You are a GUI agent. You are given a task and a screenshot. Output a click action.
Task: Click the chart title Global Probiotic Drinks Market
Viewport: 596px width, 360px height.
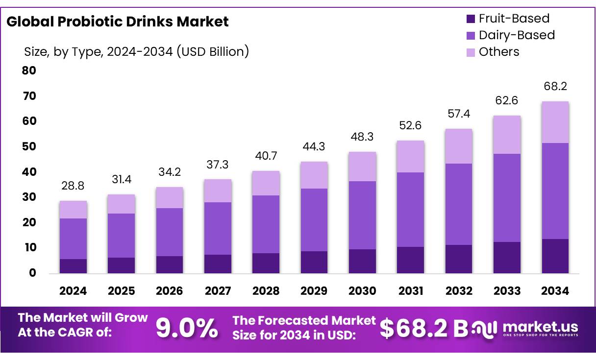click(118, 22)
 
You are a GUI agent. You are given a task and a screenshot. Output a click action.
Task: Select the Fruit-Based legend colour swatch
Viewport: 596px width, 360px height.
click(471, 19)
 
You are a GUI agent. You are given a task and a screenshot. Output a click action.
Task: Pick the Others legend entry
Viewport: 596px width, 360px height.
click(498, 52)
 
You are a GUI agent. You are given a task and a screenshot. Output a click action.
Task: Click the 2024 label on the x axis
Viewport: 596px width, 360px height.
click(73, 291)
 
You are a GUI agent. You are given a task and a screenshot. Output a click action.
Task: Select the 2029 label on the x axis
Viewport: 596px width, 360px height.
click(314, 291)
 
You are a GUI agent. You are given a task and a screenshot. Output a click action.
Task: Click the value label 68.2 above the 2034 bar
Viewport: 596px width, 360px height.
click(555, 87)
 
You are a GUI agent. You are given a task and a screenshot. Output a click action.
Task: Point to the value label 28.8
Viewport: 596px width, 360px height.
click(73, 186)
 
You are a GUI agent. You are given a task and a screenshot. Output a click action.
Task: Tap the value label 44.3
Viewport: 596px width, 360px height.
click(314, 147)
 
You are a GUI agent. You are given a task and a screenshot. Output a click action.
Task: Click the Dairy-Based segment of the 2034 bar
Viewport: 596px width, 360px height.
click(555, 191)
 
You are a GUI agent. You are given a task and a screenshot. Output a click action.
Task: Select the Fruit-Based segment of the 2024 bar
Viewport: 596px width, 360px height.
click(73, 266)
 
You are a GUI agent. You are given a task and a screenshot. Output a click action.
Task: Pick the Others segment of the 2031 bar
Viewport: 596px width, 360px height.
click(411, 157)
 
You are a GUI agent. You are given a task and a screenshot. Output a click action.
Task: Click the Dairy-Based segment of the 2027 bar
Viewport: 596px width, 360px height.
click(218, 228)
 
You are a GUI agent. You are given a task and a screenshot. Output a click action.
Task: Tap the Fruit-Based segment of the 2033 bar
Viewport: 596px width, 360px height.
click(507, 258)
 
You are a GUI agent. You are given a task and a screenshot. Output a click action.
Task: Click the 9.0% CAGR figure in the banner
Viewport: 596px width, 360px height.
click(187, 329)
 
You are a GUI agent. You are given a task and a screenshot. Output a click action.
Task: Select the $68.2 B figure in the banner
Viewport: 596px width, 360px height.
click(424, 329)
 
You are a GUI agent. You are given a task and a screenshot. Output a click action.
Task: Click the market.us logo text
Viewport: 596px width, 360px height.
click(540, 327)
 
